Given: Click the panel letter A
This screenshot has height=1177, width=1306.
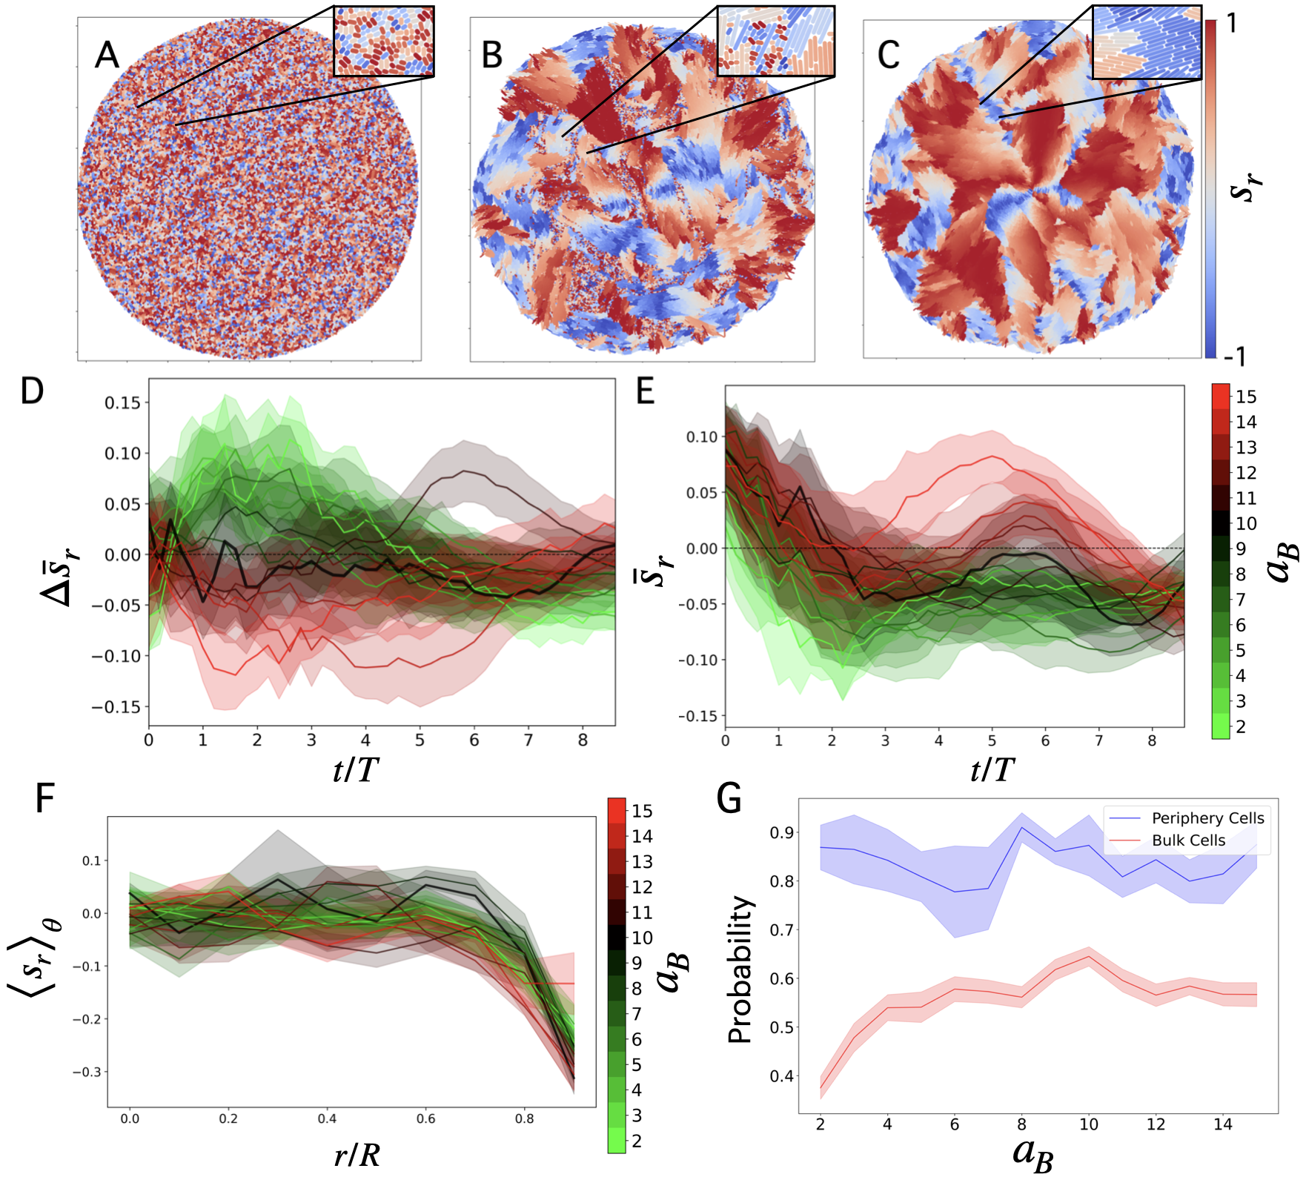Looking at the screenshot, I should [x=107, y=56].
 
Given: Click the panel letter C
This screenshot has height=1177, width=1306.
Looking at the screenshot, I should [x=888, y=55].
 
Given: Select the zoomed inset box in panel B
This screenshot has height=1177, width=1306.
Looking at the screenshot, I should [x=775, y=41].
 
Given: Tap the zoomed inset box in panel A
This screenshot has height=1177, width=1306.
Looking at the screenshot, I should [x=383, y=41].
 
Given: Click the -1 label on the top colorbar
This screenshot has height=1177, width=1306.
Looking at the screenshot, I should [x=1234, y=357].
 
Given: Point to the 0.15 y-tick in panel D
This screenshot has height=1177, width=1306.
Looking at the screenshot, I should [x=122, y=402].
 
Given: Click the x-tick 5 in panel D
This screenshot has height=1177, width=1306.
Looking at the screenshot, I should [x=420, y=740].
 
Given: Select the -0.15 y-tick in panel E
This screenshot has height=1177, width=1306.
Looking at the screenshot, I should [x=697, y=716].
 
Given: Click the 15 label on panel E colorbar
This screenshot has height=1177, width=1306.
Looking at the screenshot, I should [x=1246, y=397].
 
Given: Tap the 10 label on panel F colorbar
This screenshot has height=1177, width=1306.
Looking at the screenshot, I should [x=642, y=938].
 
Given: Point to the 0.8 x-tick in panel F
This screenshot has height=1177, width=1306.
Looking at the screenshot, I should [x=524, y=1118].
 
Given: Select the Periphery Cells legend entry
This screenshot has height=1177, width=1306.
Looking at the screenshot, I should [x=1207, y=818].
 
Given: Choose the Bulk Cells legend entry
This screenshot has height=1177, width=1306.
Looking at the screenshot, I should [x=1188, y=841].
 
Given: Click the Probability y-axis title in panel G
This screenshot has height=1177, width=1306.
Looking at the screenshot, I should [x=740, y=969].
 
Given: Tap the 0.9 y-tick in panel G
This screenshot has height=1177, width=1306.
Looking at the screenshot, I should [x=781, y=833].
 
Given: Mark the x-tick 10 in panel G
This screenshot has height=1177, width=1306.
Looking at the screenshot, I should [x=1088, y=1124].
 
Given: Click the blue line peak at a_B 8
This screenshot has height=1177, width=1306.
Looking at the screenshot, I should [x=1021, y=827].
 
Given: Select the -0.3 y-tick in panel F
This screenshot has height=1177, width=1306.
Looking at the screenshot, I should [x=87, y=1072].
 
